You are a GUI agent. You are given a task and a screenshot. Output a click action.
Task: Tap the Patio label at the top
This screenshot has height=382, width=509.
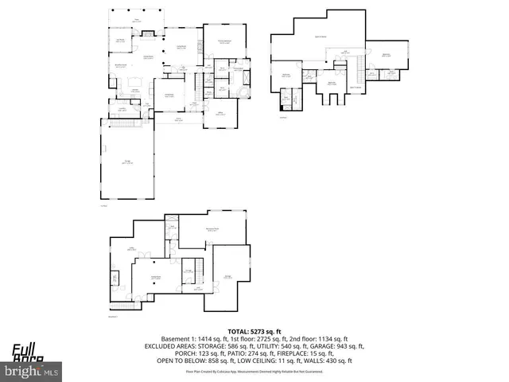(x=136, y=19)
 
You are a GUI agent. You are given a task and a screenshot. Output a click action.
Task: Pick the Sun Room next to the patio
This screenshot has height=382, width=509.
(x=122, y=41)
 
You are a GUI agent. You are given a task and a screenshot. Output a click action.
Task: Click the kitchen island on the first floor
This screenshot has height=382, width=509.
(x=134, y=80)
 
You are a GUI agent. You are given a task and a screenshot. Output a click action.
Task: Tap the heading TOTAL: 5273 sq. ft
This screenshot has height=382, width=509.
(x=254, y=331)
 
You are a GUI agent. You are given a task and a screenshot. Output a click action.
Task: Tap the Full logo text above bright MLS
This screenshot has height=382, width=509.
(x=24, y=349)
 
